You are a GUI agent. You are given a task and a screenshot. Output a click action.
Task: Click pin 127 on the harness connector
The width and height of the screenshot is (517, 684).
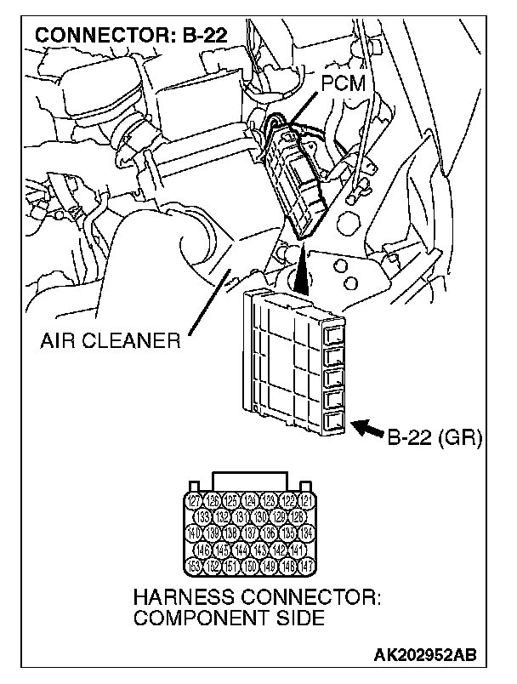[x=192, y=500]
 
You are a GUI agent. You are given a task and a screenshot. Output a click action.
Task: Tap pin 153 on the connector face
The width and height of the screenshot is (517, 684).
[x=192, y=565]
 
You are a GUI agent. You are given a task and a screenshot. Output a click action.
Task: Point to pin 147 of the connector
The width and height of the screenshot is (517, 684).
[x=307, y=565]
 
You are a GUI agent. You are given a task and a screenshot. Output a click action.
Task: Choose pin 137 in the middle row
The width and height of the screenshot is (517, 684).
[x=249, y=533]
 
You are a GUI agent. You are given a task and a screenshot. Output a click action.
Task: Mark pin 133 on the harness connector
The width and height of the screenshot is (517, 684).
[x=202, y=516]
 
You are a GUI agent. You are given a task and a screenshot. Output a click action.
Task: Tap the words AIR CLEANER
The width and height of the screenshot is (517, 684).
[x=111, y=341]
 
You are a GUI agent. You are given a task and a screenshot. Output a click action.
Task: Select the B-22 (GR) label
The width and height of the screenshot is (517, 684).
[x=435, y=438]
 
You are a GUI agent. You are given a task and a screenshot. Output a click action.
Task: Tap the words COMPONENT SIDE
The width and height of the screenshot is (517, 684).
[x=229, y=618]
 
